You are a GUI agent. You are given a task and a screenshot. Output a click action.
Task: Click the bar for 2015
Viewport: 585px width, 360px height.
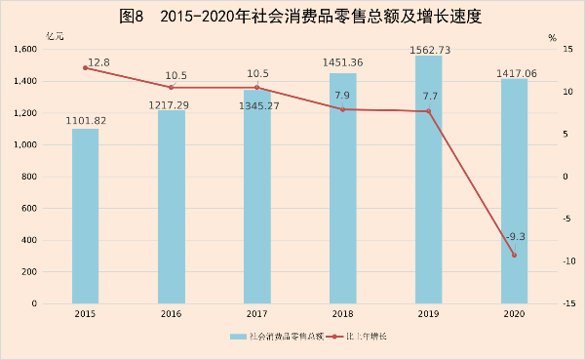(85, 216)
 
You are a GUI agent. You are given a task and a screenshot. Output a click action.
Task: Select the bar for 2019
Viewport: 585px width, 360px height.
(428, 180)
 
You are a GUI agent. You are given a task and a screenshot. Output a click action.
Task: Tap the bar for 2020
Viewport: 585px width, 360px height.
(514, 191)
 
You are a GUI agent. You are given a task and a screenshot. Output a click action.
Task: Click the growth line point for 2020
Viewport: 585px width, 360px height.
(514, 256)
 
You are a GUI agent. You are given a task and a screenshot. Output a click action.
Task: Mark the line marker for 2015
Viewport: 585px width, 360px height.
(85, 68)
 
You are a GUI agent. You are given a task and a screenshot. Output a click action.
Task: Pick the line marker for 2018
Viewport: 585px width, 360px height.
(342, 109)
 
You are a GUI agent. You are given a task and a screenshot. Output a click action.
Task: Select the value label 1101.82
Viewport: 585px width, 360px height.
(85, 121)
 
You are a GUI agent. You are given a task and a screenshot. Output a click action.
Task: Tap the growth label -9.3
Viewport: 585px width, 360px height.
(516, 237)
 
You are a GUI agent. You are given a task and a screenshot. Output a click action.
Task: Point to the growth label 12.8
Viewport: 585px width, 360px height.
(97, 60)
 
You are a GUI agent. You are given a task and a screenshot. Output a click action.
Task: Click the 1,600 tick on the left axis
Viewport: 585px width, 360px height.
(25, 50)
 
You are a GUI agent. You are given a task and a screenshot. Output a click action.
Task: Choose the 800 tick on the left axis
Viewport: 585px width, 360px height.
(31, 177)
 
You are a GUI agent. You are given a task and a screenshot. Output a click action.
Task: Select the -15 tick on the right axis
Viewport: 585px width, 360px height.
(553, 303)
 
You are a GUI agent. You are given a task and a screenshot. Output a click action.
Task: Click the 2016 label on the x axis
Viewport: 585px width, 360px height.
(171, 314)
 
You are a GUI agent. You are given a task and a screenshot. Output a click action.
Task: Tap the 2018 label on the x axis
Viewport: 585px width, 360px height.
(342, 314)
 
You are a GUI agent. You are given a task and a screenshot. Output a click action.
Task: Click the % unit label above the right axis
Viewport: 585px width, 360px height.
(552, 38)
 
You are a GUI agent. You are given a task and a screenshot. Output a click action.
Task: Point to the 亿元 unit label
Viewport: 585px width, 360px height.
(56, 36)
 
